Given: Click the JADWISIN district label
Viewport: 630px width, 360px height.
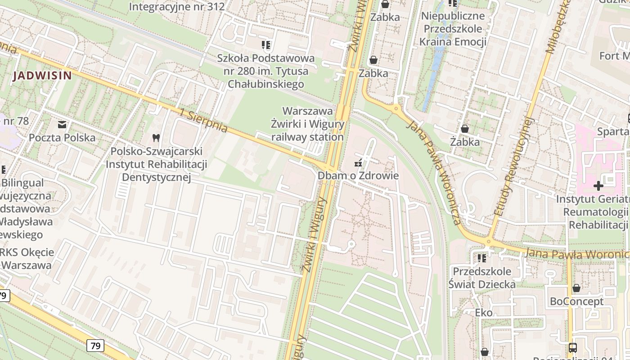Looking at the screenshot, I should [x=42, y=76].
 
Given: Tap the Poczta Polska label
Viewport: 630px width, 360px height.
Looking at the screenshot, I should [x=62, y=137].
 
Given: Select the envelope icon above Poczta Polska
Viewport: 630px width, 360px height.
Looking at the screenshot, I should [x=62, y=124].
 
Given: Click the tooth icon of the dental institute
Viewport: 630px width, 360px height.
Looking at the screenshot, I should [x=156, y=137].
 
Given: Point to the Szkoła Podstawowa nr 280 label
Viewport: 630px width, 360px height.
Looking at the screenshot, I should [x=265, y=71].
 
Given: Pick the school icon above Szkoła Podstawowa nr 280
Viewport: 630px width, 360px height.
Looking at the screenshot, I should [x=265, y=45].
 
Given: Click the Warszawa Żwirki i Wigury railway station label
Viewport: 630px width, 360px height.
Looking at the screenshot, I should [x=308, y=124].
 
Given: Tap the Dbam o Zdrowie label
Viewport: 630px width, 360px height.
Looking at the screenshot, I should [x=358, y=175].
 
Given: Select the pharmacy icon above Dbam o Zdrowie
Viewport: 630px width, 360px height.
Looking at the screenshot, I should [x=359, y=162].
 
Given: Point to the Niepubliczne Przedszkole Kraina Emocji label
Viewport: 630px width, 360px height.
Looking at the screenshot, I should [x=452, y=29].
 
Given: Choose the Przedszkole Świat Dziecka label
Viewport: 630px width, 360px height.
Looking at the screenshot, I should [x=482, y=278].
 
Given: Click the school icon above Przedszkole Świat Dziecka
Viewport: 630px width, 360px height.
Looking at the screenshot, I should [x=482, y=258].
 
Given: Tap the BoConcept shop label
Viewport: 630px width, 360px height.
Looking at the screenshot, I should [x=576, y=301].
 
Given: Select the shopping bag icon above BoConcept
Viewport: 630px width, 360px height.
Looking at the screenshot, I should [x=576, y=288].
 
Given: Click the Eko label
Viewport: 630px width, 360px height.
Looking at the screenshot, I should [x=484, y=312].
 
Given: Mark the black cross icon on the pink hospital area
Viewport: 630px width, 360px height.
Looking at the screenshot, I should [x=598, y=185].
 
